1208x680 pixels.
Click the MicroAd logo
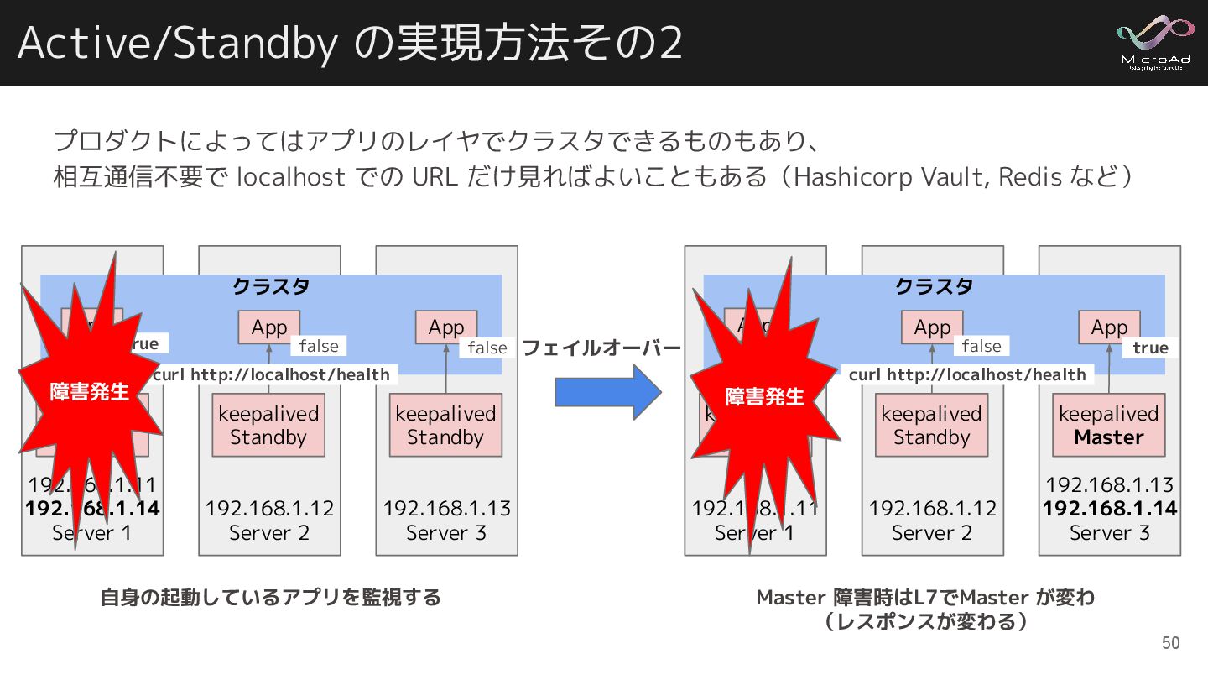click(x=1157, y=42)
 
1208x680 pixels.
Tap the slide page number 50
click(x=1170, y=643)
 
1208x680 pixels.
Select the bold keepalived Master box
click(x=1109, y=426)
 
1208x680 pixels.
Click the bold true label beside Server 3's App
click(x=1150, y=348)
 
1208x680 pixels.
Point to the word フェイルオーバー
click(x=601, y=348)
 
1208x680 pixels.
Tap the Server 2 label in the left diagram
click(x=269, y=532)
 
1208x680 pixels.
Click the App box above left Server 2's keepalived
click(x=269, y=327)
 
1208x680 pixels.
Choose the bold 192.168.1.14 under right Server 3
click(x=1109, y=508)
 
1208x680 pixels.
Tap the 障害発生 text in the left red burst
click(x=89, y=392)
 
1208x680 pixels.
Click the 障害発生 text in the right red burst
click(x=764, y=396)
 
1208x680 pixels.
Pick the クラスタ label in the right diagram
click(x=934, y=286)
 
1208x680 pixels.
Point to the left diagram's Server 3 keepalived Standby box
click(x=445, y=426)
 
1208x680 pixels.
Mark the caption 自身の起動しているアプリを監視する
click(x=270, y=598)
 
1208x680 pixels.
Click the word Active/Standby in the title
click(x=176, y=44)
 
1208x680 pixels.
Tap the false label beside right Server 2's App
click(x=981, y=346)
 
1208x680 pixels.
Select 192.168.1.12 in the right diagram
click(x=932, y=508)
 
